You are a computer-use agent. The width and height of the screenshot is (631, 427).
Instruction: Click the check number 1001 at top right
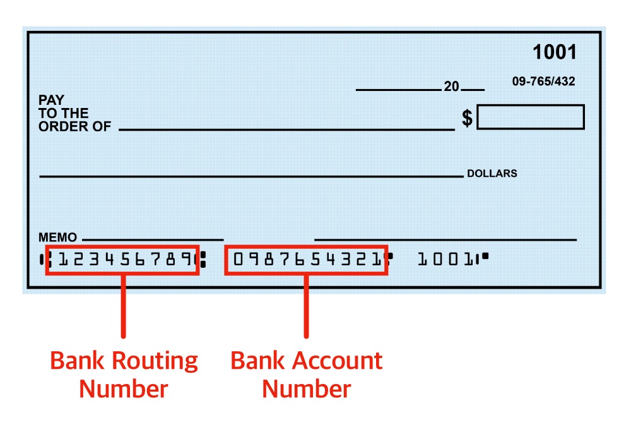tap(555, 52)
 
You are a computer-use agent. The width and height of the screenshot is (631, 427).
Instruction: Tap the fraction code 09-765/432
tap(543, 82)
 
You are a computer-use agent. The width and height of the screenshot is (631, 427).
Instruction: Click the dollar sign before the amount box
tap(467, 117)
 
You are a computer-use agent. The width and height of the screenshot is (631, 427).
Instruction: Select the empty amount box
tap(530, 117)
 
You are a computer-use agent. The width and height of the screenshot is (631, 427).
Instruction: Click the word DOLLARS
tap(492, 173)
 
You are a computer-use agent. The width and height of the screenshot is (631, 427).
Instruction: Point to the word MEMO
tap(57, 238)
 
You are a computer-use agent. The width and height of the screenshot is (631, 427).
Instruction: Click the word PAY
tap(51, 100)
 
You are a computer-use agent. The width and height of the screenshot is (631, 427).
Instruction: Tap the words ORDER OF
tap(74, 126)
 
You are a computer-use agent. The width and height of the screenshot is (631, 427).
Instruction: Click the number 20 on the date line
tap(451, 87)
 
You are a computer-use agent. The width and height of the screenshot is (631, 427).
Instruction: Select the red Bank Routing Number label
tap(124, 374)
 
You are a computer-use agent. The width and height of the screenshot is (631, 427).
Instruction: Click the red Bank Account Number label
tap(306, 374)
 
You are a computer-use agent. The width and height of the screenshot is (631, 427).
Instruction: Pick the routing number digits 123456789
tap(123, 260)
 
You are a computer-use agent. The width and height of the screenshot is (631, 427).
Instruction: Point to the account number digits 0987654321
tap(306, 260)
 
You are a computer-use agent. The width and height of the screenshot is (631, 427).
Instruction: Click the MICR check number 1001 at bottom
tap(445, 259)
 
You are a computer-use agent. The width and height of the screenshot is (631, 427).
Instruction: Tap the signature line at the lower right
tap(445, 240)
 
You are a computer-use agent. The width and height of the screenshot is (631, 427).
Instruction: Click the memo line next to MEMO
tap(151, 240)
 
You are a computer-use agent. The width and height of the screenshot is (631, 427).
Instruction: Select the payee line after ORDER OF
tap(286, 130)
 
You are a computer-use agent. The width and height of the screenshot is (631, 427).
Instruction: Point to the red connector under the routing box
tap(124, 306)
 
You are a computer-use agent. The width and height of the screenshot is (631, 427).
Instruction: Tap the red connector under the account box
tap(306, 306)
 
